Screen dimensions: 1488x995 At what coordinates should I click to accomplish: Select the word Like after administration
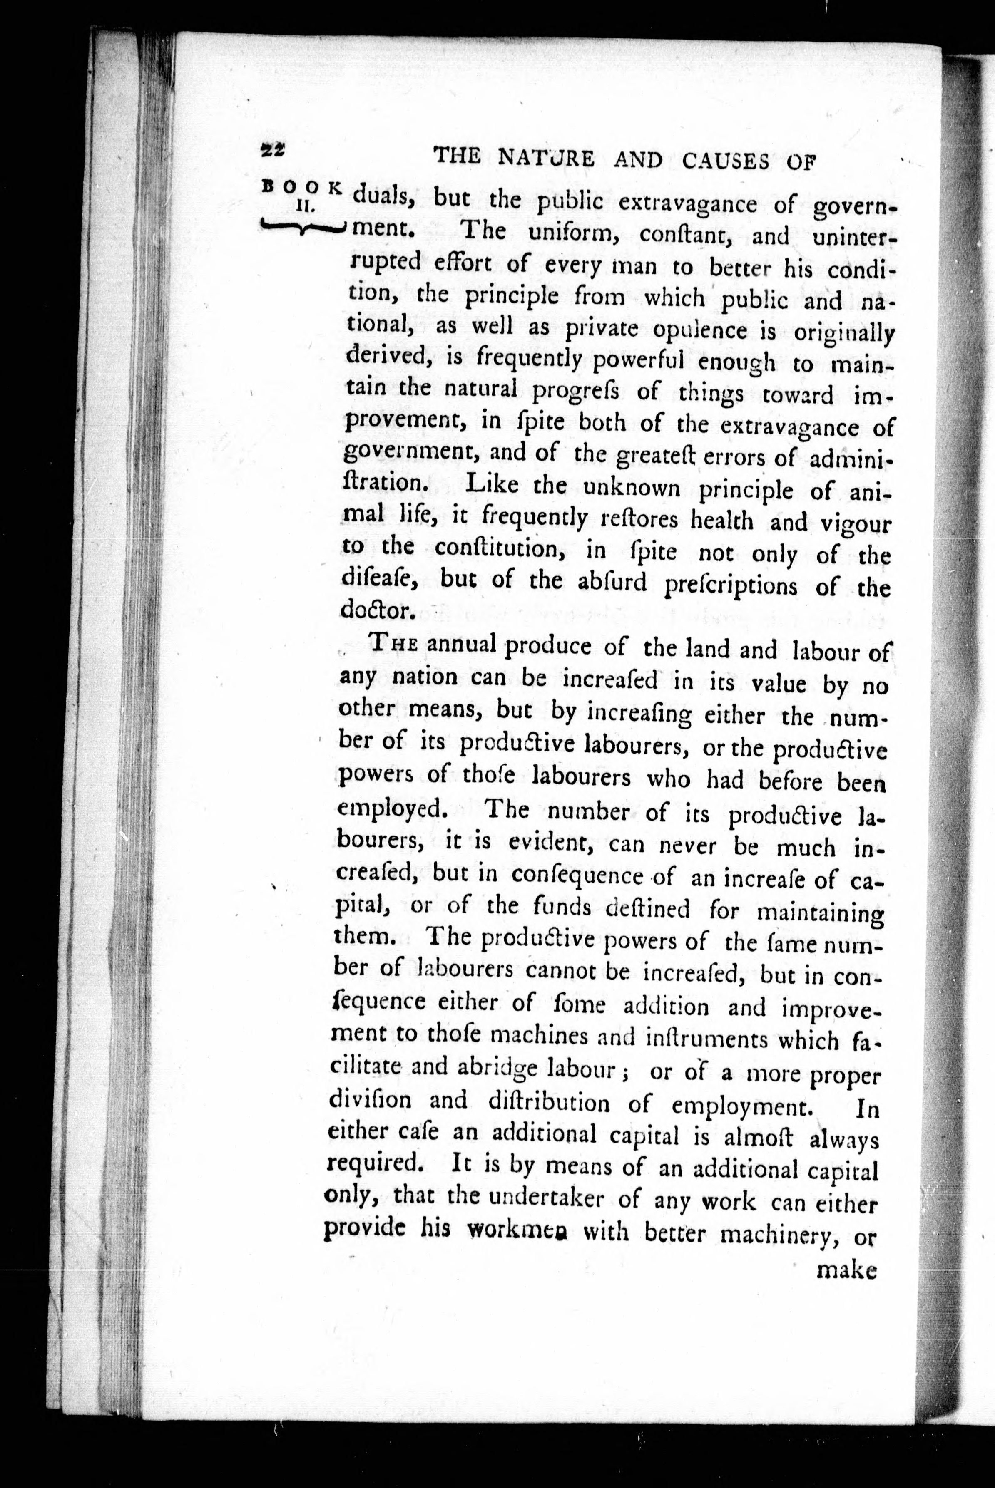pyautogui.click(x=491, y=485)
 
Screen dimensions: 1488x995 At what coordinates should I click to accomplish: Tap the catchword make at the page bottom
pyautogui.click(x=847, y=1270)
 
